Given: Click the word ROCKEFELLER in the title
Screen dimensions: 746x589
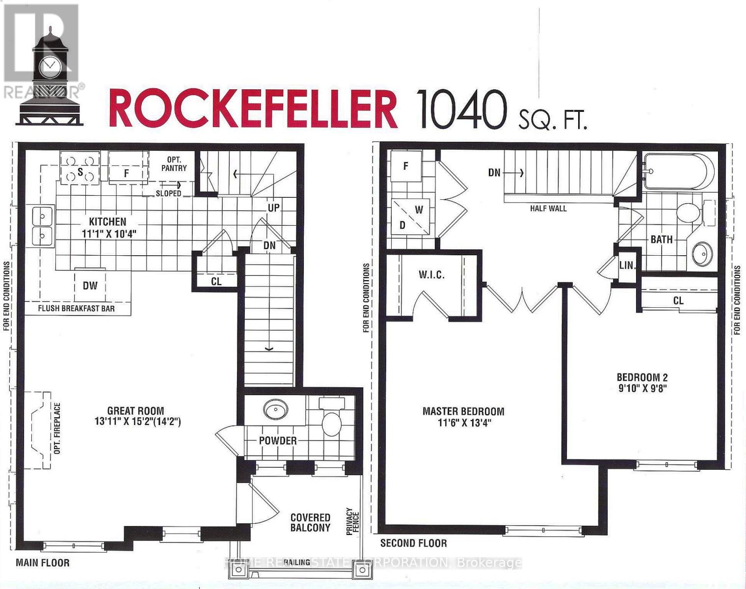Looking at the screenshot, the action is (x=253, y=108).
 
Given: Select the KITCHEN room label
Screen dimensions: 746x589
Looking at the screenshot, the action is (x=107, y=221).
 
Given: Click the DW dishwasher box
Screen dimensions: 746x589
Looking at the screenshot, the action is (x=90, y=285).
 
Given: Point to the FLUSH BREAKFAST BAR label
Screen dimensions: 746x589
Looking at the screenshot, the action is (x=76, y=309).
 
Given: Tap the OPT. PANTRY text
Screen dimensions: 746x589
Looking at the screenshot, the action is (x=174, y=163).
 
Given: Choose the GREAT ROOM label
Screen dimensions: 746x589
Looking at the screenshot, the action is (x=135, y=411).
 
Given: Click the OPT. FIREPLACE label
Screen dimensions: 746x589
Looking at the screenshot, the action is (x=57, y=428).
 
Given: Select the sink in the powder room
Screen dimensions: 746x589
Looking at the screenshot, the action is (x=276, y=409).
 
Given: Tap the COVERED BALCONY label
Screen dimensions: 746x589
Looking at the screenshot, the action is (x=310, y=522).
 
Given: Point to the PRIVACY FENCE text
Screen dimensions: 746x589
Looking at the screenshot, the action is (x=353, y=521).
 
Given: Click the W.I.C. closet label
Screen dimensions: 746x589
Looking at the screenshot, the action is (x=431, y=275).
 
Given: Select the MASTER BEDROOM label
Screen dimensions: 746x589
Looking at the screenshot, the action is (x=463, y=411).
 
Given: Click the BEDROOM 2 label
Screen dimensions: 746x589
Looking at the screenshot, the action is (x=642, y=377).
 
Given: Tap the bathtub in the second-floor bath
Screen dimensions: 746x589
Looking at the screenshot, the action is (x=679, y=171).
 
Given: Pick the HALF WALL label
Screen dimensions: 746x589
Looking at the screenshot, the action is (x=548, y=208).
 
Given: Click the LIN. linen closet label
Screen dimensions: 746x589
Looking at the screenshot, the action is (x=627, y=266).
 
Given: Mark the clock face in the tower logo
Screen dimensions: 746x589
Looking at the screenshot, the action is (x=50, y=67).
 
